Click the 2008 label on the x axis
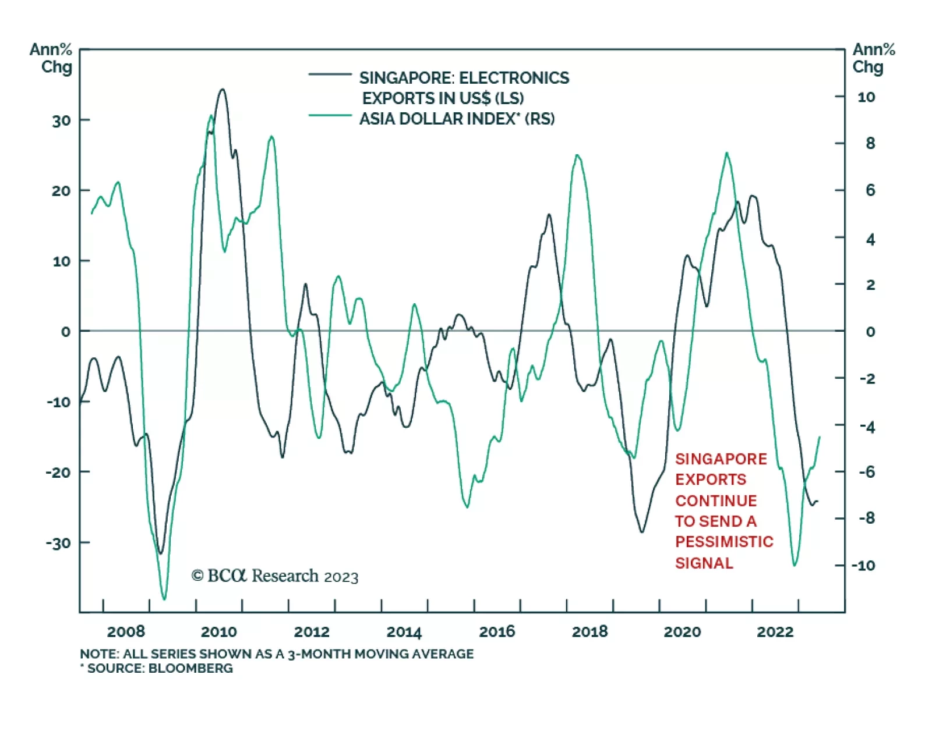(x=126, y=631)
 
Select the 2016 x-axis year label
(x=497, y=631)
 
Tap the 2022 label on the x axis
(x=775, y=631)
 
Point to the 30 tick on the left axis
(x=61, y=120)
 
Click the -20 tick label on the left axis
(x=58, y=472)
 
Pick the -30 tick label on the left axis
(x=58, y=543)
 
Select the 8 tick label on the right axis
(x=870, y=143)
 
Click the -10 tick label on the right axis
(x=863, y=565)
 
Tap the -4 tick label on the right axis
(x=867, y=427)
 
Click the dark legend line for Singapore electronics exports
(x=330, y=74)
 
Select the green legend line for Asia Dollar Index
(x=330, y=116)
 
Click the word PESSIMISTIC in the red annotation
(x=724, y=542)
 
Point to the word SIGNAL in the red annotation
(x=704, y=563)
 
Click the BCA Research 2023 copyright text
(x=275, y=576)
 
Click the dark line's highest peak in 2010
(x=222, y=89)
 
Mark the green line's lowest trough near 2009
(x=164, y=599)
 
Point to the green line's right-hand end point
(x=820, y=436)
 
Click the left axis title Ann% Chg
(x=51, y=58)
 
